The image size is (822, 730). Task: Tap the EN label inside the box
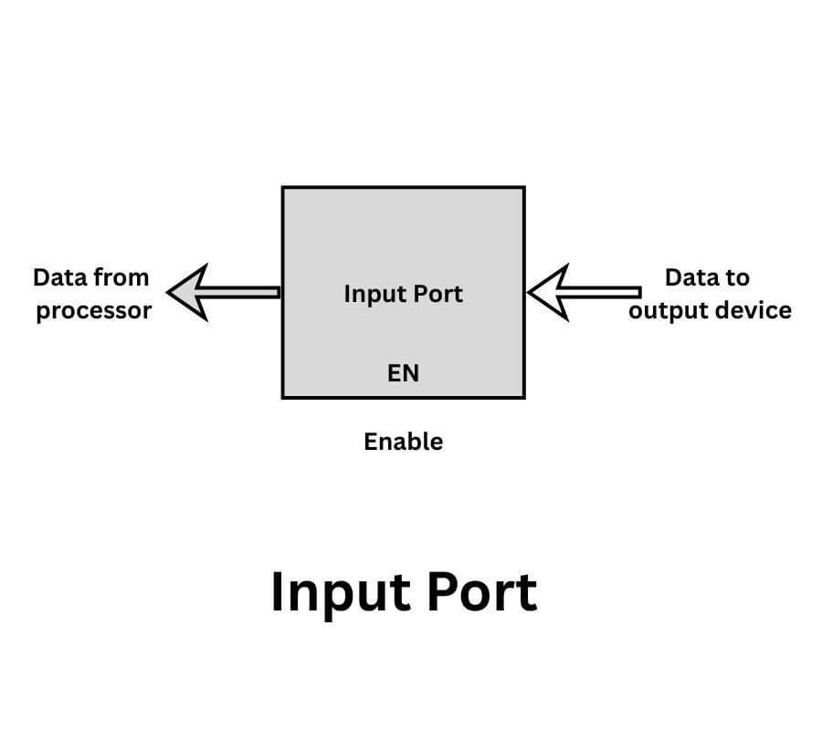403,372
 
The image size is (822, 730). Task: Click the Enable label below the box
403,442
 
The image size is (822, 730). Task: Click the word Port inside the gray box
437,294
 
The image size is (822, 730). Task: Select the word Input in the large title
339,593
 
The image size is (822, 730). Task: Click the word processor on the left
93,311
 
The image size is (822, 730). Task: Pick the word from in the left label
121,276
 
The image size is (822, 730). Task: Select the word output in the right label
666,311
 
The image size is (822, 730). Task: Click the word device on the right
755,310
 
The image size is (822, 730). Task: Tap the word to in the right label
737,276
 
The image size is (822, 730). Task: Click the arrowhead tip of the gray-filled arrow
170,292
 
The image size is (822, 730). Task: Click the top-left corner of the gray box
282,188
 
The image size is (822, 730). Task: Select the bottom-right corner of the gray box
523,397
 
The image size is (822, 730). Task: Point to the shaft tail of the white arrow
638,292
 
